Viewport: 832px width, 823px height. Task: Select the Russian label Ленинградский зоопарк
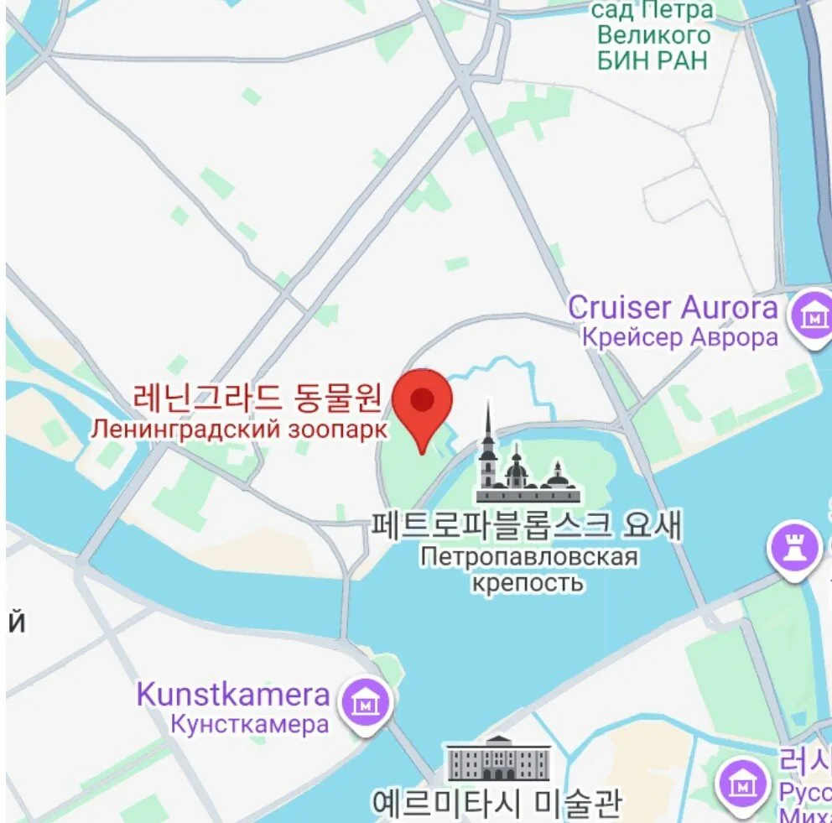pos(240,429)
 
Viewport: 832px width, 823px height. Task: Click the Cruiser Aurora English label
pos(673,307)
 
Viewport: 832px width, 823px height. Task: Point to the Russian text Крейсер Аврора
pos(679,337)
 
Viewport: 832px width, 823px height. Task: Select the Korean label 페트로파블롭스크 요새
pos(527,526)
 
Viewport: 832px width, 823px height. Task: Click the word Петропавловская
pos(529,557)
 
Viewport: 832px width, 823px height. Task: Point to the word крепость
pos(525,582)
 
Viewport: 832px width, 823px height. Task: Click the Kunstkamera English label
pos(233,695)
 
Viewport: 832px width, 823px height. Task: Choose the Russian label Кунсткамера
pos(249,724)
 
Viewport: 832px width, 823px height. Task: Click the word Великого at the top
pos(653,36)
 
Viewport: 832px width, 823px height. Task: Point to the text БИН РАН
pos(653,60)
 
